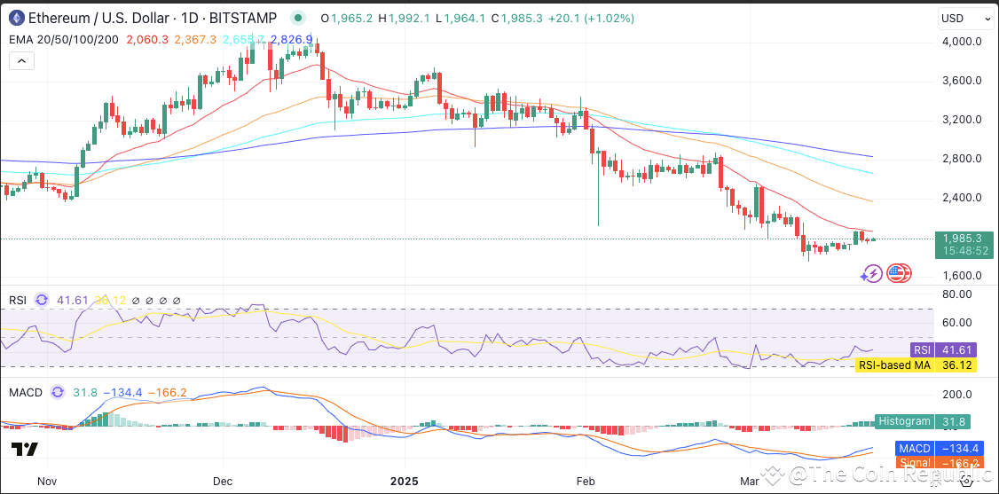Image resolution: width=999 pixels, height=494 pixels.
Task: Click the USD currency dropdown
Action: click(965, 19)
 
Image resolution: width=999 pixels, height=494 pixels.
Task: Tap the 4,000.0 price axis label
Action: click(962, 42)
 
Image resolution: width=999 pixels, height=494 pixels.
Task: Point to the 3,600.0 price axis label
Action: click(962, 81)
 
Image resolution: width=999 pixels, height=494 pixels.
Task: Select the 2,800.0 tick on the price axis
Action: click(962, 159)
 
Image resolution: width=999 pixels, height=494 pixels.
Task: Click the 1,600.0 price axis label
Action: click(962, 276)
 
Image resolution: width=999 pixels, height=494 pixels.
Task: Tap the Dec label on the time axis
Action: click(223, 481)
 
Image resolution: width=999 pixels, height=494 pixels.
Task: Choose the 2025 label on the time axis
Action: click(404, 481)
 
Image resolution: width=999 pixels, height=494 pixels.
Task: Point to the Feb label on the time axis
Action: click(585, 481)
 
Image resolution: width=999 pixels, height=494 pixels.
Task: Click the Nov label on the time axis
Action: click(47, 481)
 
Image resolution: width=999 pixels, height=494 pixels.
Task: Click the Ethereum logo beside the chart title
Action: click(17, 18)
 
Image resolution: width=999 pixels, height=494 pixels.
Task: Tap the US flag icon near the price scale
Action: click(899, 273)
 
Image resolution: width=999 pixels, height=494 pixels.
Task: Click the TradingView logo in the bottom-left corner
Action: click(25, 450)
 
